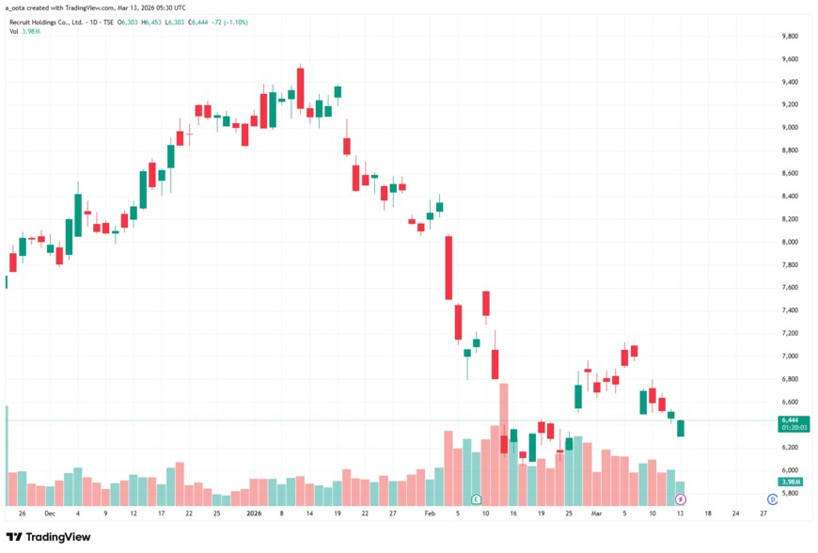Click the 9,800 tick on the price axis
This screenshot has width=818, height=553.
click(790, 37)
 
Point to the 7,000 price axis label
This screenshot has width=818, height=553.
click(790, 356)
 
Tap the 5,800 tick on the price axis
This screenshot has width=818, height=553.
click(790, 493)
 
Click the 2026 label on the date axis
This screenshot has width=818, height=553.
click(253, 514)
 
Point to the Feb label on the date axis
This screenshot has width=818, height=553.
click(430, 514)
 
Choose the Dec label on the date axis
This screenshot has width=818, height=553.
click(50, 514)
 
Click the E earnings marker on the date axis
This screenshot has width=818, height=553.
click(477, 498)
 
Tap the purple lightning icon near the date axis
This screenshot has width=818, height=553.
click(681, 498)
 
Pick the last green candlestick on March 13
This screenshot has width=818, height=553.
click(681, 429)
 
